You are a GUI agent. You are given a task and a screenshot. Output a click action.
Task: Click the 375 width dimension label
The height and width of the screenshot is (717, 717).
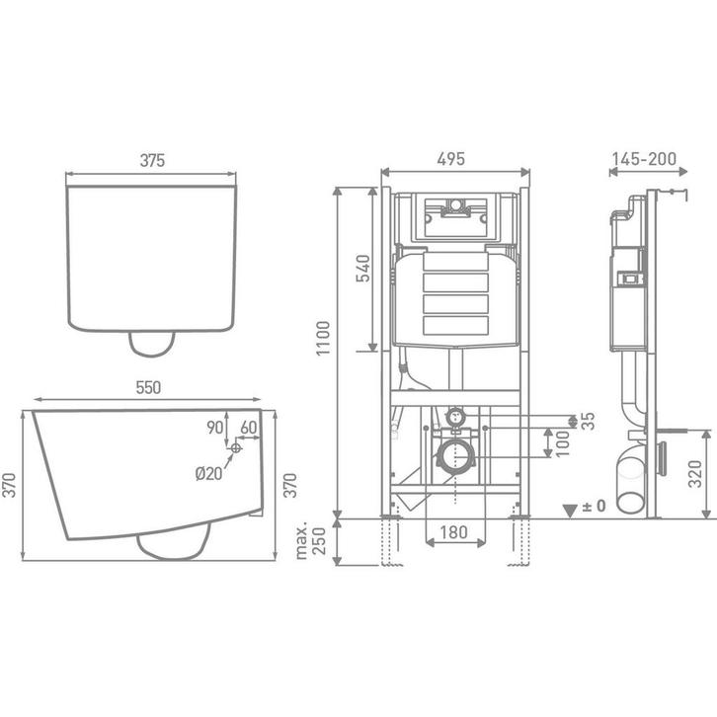(x=151, y=159)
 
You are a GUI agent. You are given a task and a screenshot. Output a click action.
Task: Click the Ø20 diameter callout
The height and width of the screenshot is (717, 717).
(x=207, y=473)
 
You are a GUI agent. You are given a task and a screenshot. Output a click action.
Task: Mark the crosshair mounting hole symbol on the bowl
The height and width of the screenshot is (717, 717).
(x=235, y=449)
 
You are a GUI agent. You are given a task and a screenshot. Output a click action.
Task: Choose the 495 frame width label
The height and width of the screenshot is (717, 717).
(x=450, y=159)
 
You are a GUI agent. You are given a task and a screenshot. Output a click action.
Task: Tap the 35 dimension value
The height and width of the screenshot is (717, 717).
(x=589, y=422)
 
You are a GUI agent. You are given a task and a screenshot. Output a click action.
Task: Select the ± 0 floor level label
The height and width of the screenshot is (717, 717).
(x=594, y=507)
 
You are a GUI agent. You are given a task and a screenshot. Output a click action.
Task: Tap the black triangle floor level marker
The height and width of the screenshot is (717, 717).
(x=569, y=509)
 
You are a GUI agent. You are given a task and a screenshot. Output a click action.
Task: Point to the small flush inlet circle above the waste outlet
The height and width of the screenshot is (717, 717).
(x=455, y=417)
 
